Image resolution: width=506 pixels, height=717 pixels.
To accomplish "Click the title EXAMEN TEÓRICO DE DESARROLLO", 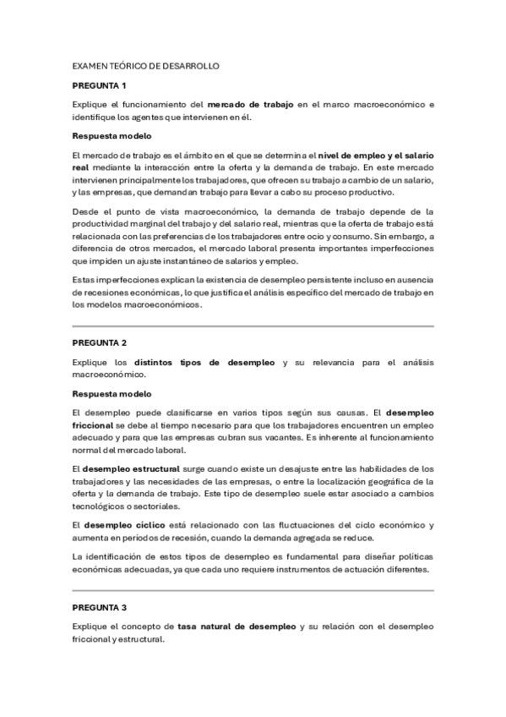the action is (146, 65).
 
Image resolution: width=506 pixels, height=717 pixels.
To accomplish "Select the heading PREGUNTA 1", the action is (99, 85).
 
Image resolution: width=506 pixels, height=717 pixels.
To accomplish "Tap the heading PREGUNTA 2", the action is (99, 342).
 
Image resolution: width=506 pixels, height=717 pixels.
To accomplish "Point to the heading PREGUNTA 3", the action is (99, 607).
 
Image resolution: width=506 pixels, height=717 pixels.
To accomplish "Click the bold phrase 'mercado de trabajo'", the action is (251, 105).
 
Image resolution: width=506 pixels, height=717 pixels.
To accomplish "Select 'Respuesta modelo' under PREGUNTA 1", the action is (112, 135).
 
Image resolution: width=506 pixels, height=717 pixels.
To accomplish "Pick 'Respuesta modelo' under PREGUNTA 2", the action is (112, 393).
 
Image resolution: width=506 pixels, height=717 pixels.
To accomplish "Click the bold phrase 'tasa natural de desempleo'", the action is (237, 627).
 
